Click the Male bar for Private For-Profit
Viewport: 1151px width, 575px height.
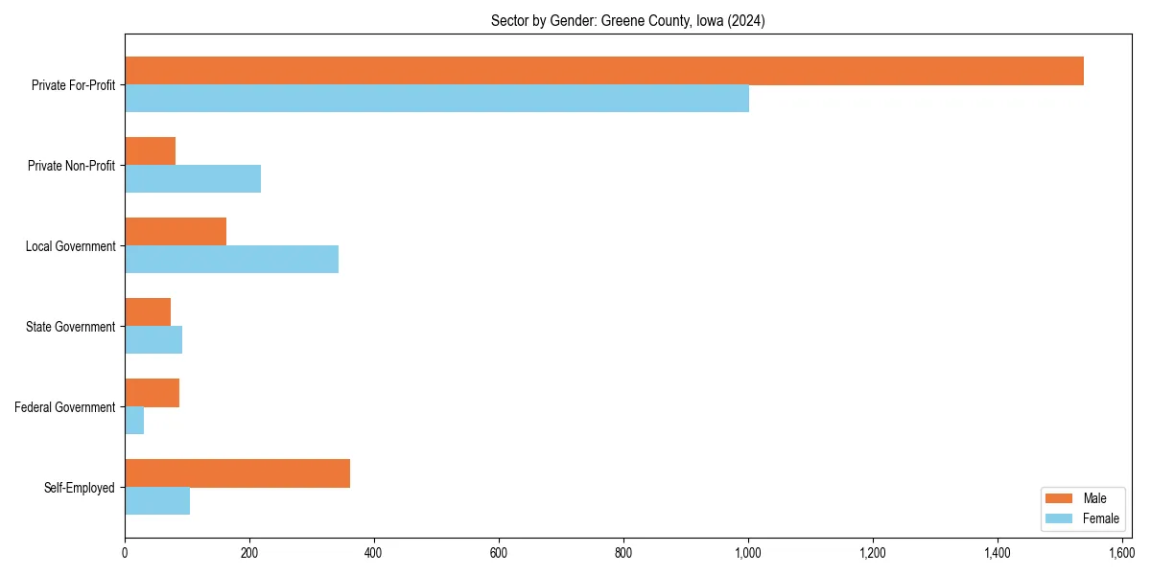[x=604, y=71]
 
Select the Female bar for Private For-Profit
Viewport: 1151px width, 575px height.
[x=436, y=99]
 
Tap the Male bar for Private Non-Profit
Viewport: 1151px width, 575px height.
[x=150, y=151]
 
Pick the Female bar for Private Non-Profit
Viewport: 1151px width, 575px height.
[x=193, y=179]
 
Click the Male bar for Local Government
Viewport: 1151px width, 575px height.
[x=176, y=232]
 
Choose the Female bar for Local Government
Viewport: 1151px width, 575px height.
[x=231, y=260]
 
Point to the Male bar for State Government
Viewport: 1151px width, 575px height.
[x=148, y=312]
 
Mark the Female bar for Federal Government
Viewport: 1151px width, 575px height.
[x=134, y=421]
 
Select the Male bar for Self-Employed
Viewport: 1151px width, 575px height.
[x=237, y=473]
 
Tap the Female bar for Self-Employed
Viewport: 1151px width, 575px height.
[x=157, y=501]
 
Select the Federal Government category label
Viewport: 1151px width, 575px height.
[x=65, y=407]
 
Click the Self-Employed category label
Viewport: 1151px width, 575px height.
[x=80, y=488]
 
